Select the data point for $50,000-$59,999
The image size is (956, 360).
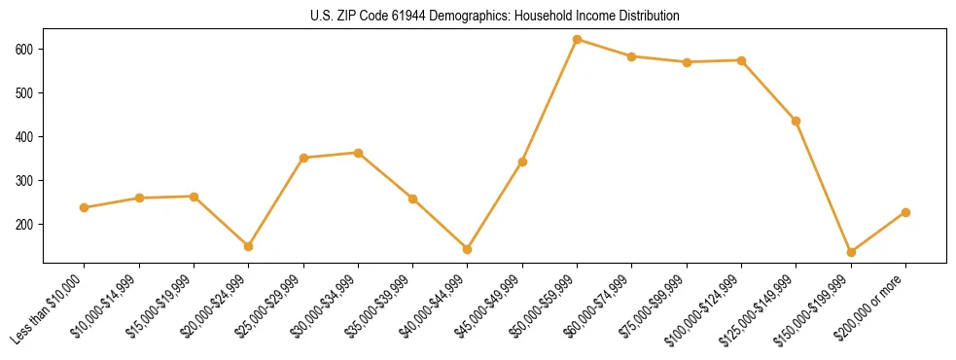click(x=578, y=40)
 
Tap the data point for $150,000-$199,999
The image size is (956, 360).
click(x=851, y=252)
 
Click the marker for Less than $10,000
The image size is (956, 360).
click(x=85, y=207)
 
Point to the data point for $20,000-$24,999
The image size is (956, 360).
click(x=249, y=246)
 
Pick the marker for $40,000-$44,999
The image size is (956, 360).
click(x=468, y=249)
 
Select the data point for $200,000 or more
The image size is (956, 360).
click(x=905, y=212)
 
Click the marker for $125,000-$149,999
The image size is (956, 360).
click(x=797, y=121)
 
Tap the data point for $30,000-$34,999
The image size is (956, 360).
click(x=359, y=153)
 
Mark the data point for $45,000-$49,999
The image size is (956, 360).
click(x=522, y=162)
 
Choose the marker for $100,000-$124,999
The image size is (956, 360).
click(x=742, y=60)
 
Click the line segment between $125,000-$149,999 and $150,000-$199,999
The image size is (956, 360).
click(x=824, y=187)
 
